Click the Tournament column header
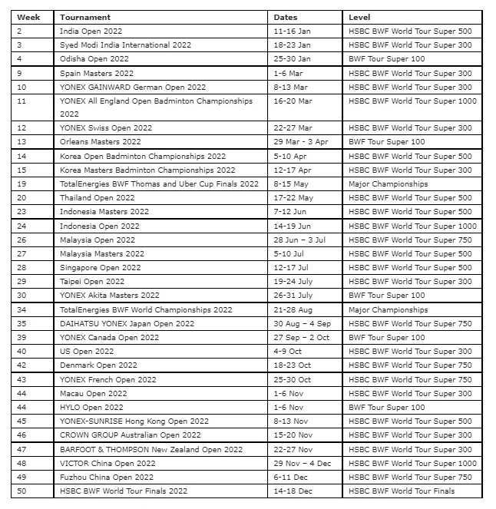(85, 17)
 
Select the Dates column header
(286, 17)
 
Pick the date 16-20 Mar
(293, 101)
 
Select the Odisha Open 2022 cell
(94, 59)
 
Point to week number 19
(21, 184)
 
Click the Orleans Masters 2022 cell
(101, 142)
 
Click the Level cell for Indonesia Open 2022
(412, 226)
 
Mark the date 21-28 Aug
(293, 310)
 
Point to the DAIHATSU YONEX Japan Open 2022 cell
(127, 324)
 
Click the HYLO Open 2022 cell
(91, 408)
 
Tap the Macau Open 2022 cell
(94, 394)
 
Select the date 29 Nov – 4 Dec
(303, 464)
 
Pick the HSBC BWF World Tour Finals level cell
(402, 491)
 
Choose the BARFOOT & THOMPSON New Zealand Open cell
(151, 450)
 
